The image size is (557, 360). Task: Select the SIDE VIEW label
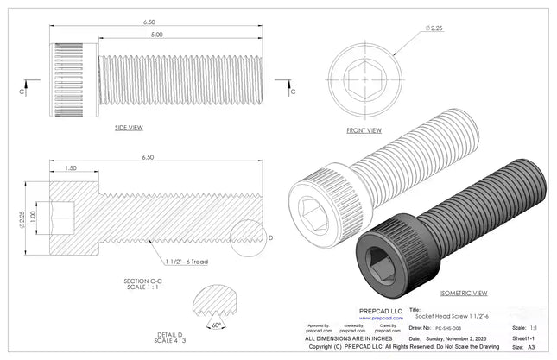point(129,128)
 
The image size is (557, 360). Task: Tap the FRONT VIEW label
point(364,130)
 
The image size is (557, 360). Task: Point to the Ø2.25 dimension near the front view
point(434,28)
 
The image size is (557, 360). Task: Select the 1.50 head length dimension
point(71,167)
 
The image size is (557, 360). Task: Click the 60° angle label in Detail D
point(217,325)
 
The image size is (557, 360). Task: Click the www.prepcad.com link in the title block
point(373,318)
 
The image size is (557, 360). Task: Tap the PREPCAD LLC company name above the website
point(374,310)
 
